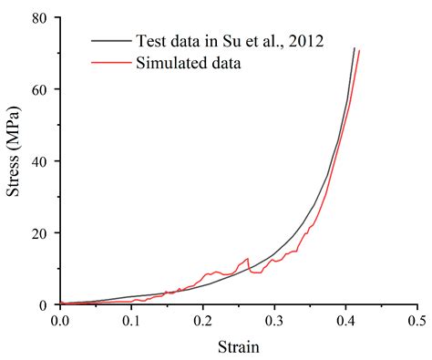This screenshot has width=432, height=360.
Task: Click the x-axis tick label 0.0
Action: click(x=60, y=322)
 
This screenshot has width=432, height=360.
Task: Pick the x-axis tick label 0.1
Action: click(x=131, y=322)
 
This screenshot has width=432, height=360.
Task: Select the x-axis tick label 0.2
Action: click(x=202, y=322)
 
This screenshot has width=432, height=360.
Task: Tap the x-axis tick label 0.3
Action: click(x=273, y=322)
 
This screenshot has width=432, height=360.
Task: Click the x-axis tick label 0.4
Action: click(x=345, y=322)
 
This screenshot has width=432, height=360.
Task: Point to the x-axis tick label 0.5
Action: click(x=416, y=322)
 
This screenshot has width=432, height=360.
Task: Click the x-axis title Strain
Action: click(x=238, y=346)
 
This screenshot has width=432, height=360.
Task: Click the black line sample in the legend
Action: click(x=111, y=41)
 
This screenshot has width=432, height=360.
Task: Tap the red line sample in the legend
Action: click(x=111, y=64)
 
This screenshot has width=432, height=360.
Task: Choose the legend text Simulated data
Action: click(x=188, y=64)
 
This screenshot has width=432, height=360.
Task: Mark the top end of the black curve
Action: click(x=354, y=47)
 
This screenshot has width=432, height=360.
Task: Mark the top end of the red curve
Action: click(x=359, y=50)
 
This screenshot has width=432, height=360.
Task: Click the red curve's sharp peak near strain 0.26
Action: click(x=247, y=259)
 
